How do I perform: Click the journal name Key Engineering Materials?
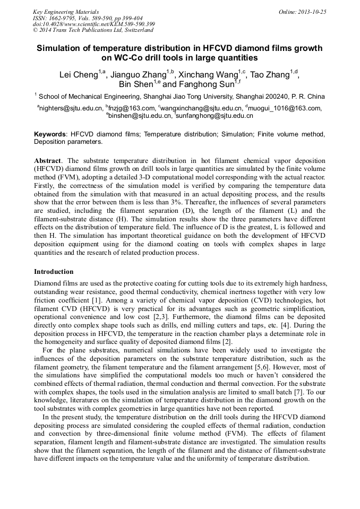click(x=65, y=11)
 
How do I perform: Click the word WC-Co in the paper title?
click(x=126, y=57)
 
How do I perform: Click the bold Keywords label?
click(x=50, y=135)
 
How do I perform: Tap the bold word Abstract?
click(x=48, y=160)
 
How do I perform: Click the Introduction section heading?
click(x=54, y=272)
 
